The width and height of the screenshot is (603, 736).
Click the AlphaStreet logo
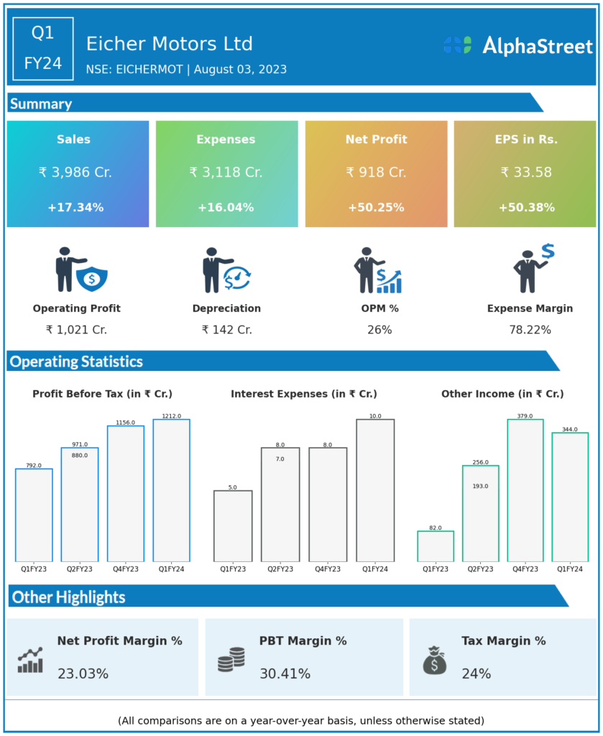tap(517, 46)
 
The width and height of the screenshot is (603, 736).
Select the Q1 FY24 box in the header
tap(43, 48)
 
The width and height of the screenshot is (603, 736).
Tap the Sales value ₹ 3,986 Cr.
tap(75, 172)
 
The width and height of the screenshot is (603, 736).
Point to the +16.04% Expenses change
tap(226, 208)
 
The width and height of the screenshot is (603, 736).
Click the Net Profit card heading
tap(376, 139)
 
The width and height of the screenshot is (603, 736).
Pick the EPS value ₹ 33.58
tap(525, 172)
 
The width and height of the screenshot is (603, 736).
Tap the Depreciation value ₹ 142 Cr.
tap(226, 330)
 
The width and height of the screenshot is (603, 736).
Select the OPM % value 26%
tap(379, 330)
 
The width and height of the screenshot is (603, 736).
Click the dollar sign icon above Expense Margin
tap(548, 251)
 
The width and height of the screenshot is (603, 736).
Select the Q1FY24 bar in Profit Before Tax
tap(171, 490)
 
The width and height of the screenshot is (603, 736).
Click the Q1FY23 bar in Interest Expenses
tap(233, 525)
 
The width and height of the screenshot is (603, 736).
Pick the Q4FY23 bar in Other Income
tap(525, 490)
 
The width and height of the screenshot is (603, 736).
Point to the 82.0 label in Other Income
tap(436, 528)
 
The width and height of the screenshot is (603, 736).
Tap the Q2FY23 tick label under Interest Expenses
tap(280, 569)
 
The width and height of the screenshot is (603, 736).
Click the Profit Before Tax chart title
tap(102, 394)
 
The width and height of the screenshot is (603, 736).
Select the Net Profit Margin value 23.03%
tap(83, 674)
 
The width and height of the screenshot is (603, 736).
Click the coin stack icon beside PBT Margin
tap(231, 659)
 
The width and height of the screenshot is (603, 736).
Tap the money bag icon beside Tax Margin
tap(435, 660)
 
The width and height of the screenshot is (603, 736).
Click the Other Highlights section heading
tap(69, 597)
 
